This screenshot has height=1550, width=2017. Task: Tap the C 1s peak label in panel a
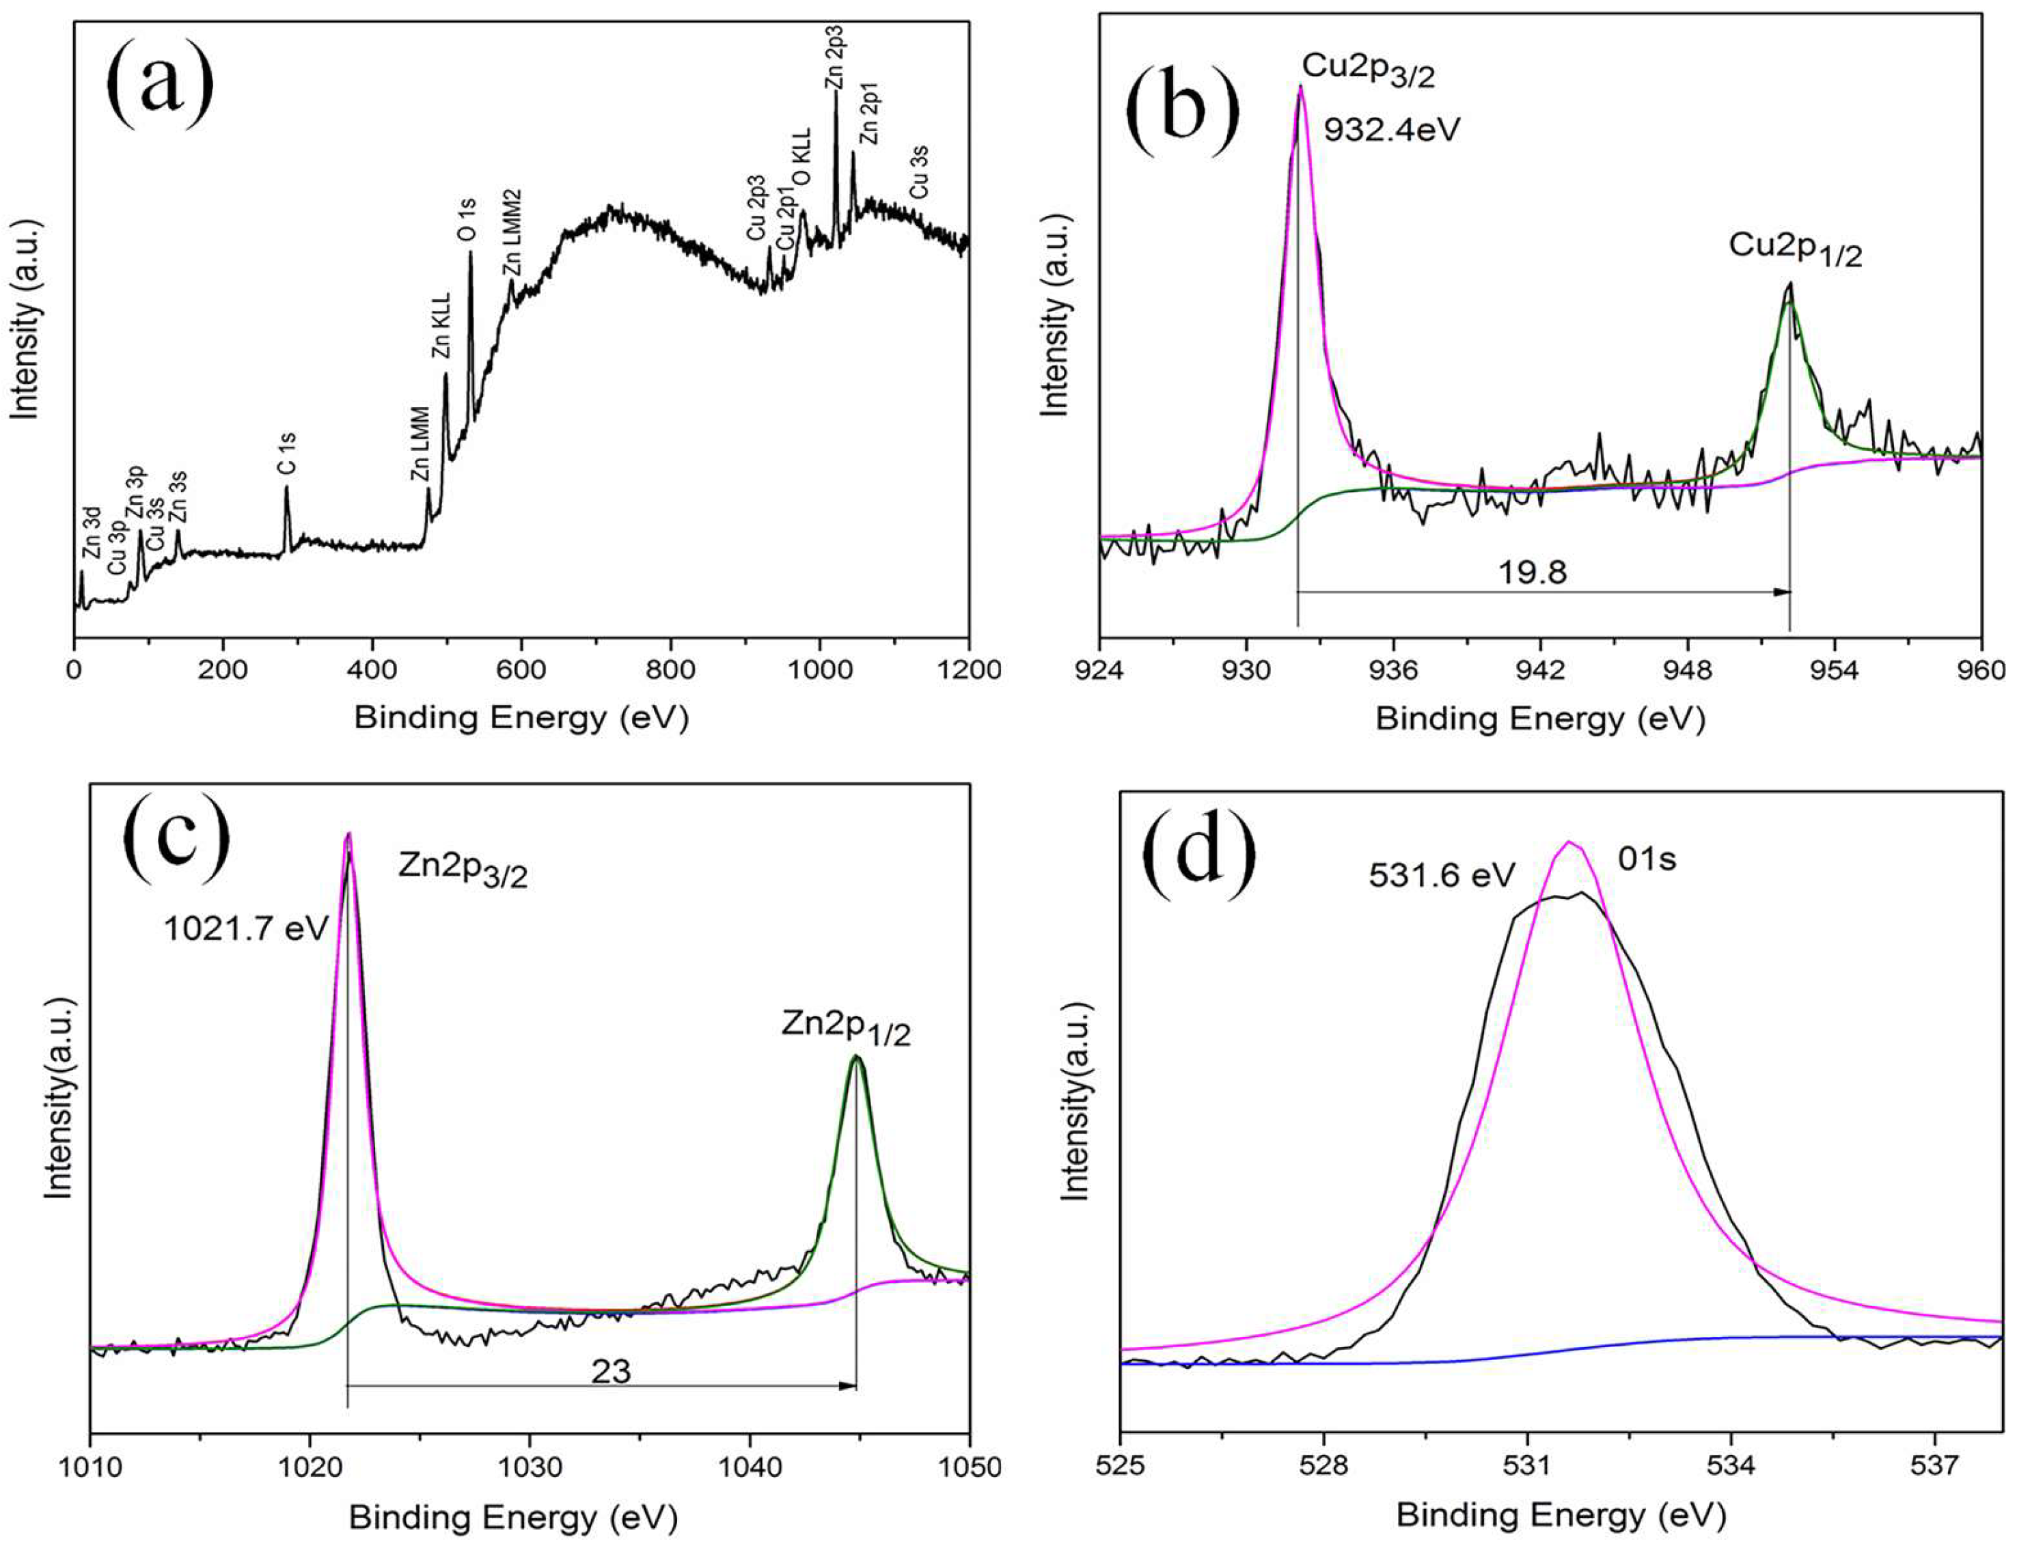(288, 454)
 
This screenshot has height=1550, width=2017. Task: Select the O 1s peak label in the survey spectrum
(469, 219)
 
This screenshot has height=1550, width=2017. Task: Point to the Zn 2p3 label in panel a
(834, 57)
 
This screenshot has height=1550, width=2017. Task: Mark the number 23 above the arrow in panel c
(610, 1372)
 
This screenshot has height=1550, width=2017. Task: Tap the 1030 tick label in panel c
(530, 1467)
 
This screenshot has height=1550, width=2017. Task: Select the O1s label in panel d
(1647, 860)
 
